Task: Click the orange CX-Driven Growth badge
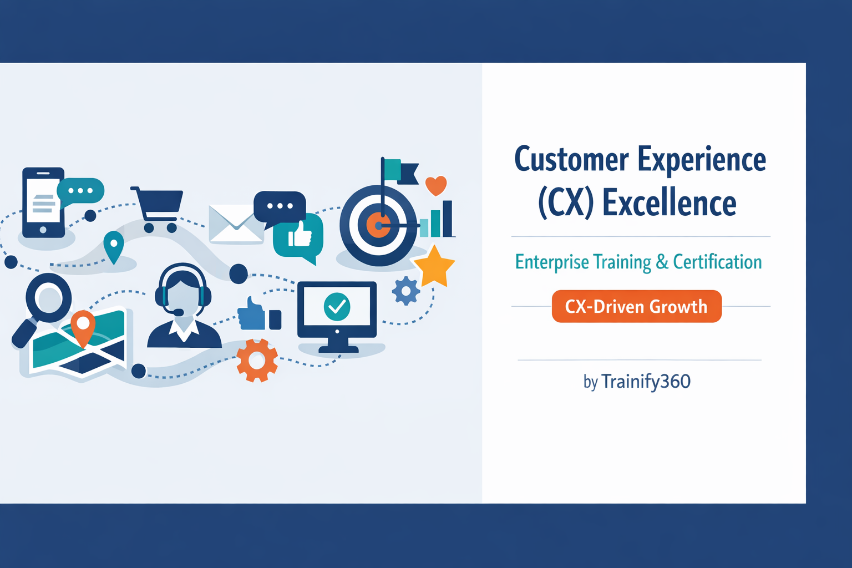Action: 636,306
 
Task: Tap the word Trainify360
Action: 646,382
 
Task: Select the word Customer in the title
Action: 571,160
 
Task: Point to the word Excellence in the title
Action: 669,203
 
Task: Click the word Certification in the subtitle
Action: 717,262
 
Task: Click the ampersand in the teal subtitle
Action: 662,262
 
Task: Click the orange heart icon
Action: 436,185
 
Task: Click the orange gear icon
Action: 257,361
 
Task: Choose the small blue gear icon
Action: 406,291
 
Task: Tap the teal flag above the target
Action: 393,170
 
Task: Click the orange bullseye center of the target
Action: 378,225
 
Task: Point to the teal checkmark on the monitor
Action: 337,306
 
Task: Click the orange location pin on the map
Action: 83,325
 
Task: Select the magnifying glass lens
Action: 49,297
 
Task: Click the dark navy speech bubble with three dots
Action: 280,206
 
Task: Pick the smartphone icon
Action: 43,202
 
